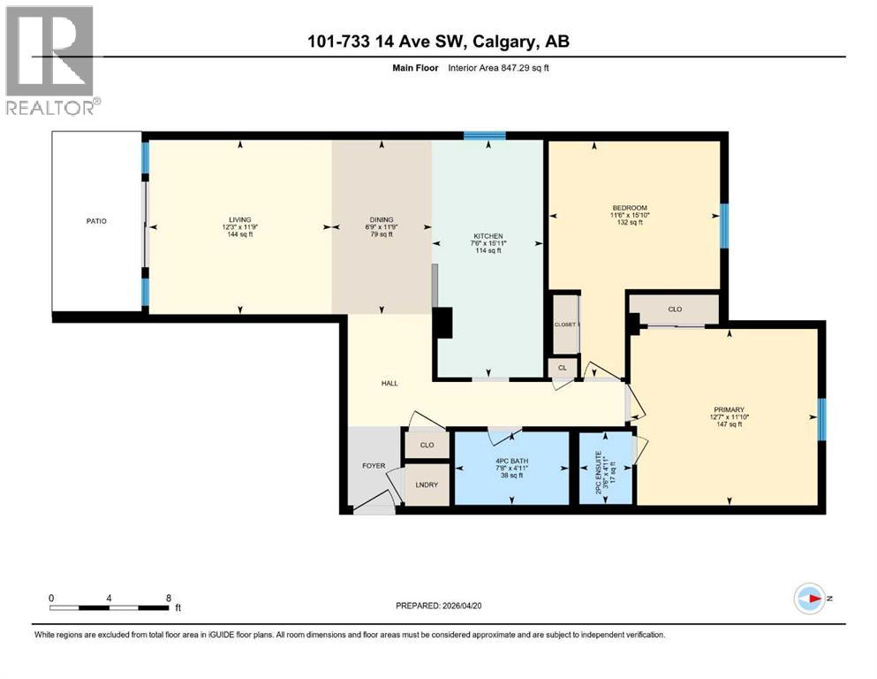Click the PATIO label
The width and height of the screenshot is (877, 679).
pyautogui.click(x=96, y=220)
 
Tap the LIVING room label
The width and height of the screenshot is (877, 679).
pyautogui.click(x=239, y=219)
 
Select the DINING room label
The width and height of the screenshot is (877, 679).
pyautogui.click(x=382, y=219)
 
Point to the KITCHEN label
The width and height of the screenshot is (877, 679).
pyautogui.click(x=488, y=236)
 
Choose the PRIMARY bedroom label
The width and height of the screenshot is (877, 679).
pyautogui.click(x=730, y=409)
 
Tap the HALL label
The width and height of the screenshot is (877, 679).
pyautogui.click(x=389, y=383)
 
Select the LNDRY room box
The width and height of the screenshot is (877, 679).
pyautogui.click(x=427, y=484)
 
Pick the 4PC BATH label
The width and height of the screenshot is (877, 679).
pyautogui.click(x=510, y=459)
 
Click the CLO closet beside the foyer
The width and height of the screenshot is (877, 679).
pyautogui.click(x=427, y=445)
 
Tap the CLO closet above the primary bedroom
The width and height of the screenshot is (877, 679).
pyautogui.click(x=675, y=309)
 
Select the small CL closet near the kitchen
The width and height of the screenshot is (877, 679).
pyautogui.click(x=562, y=367)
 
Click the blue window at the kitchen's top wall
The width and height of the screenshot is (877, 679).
pyautogui.click(x=485, y=135)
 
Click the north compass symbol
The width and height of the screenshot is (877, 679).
pyautogui.click(x=809, y=599)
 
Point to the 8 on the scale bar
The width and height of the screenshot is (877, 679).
pyautogui.click(x=169, y=598)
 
